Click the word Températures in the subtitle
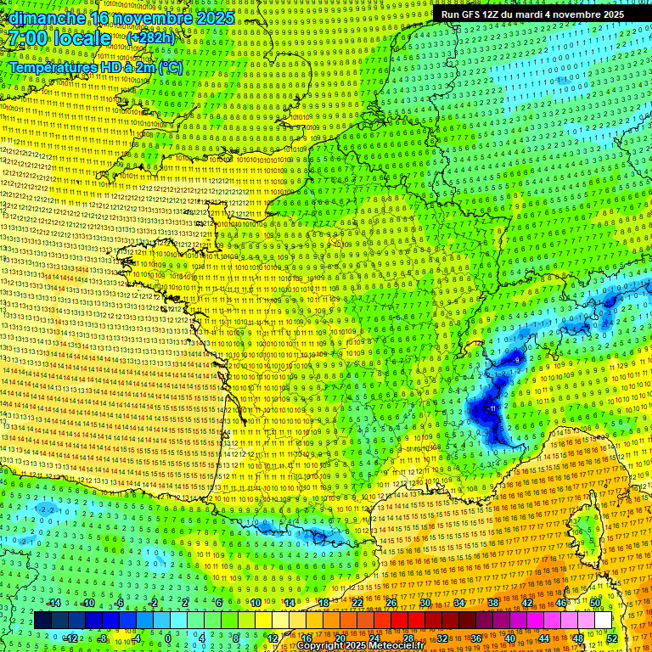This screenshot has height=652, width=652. point(51,66)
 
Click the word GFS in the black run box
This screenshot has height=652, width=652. point(475,14)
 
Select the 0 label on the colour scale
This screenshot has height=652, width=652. point(167,638)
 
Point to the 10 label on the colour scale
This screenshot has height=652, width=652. point(255,603)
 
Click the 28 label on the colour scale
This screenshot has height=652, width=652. point(407,638)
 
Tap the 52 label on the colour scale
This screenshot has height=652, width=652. point(612,638)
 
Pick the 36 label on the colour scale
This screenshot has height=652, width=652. point(475,638)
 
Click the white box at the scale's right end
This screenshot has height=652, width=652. point(603,621)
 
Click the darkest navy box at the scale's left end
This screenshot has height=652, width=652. point(42,621)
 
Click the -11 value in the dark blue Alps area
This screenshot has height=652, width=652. point(493,408)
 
